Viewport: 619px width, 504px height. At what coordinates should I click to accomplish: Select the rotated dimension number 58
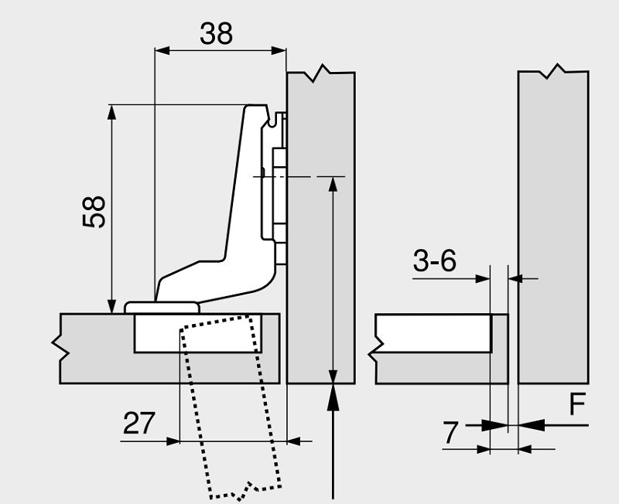pos(94,211)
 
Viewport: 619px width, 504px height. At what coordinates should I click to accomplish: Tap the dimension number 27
pos(139,424)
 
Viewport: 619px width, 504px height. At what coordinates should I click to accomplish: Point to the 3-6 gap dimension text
pos(435,261)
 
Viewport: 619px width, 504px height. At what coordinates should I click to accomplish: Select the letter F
pos(577,405)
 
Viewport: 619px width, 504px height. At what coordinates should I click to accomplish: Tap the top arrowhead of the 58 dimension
pos(112,111)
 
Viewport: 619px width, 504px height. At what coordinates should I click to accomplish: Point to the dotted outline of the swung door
pos(232,410)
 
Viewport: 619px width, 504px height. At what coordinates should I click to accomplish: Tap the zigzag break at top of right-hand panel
pos(552,73)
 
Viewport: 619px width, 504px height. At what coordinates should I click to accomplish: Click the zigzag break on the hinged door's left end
pos(59,348)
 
